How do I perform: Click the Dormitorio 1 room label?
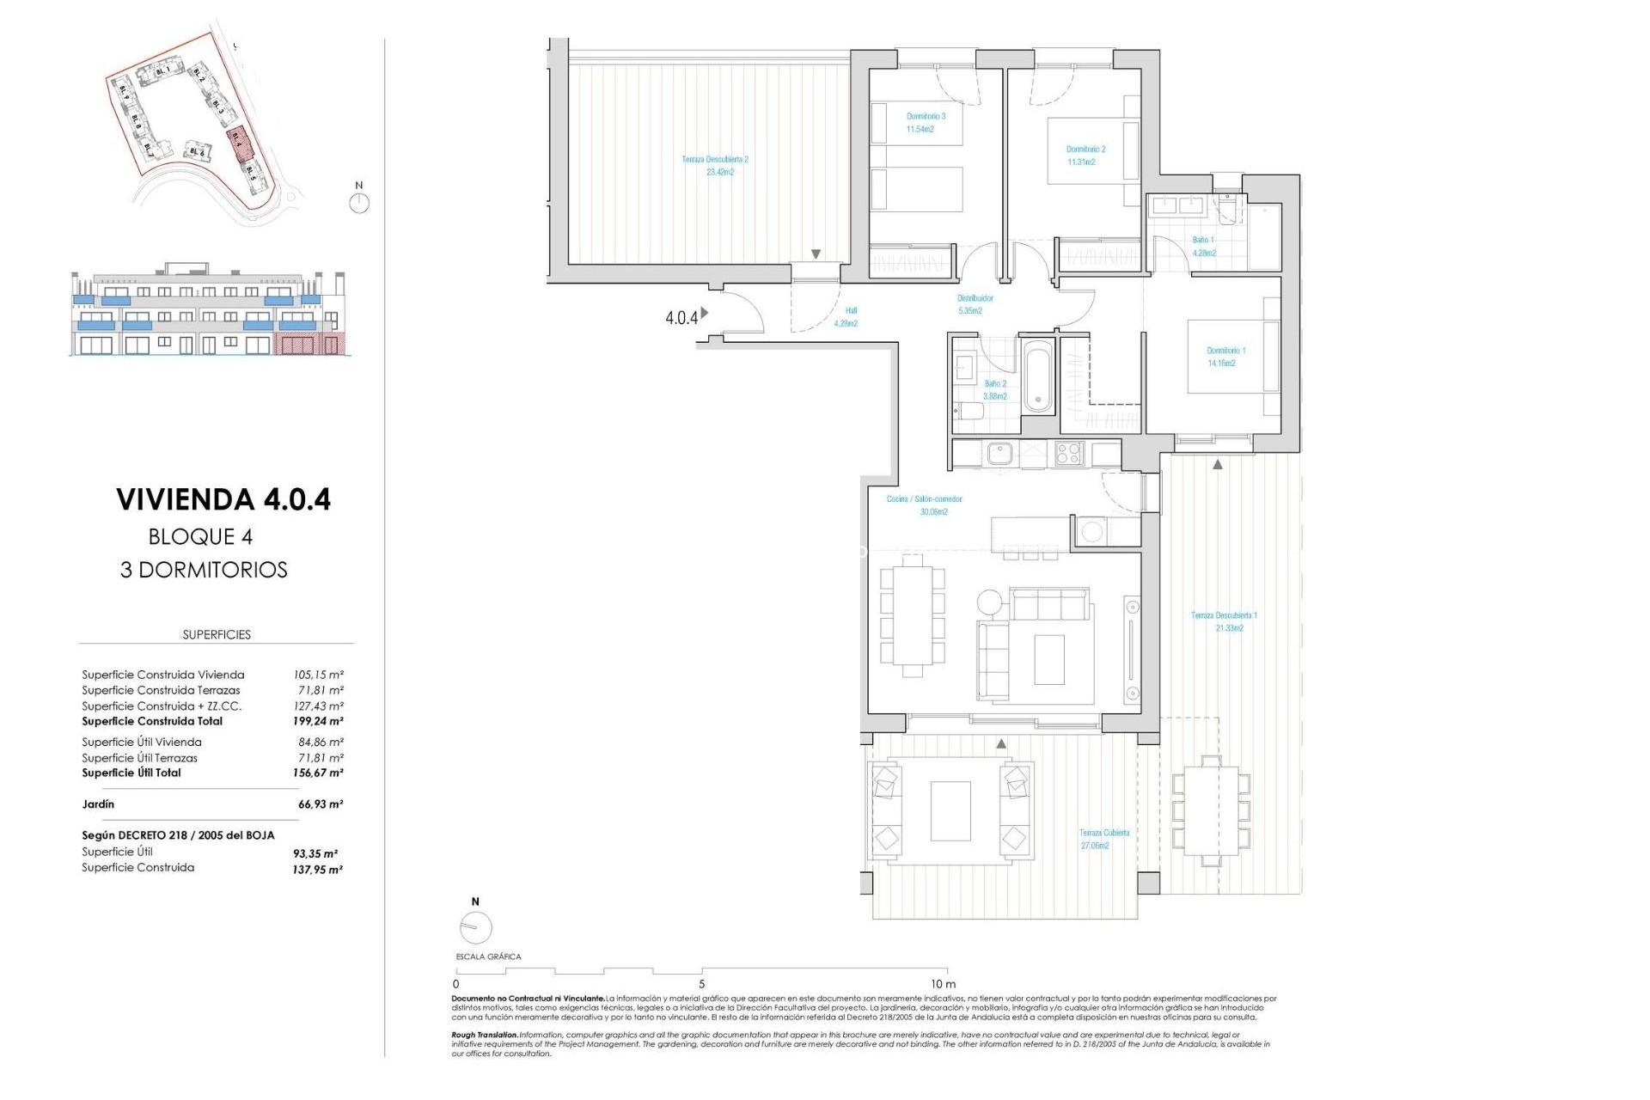click(x=1225, y=351)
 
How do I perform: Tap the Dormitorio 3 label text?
click(x=926, y=116)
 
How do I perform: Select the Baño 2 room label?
click(x=995, y=384)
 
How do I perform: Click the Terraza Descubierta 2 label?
click(x=715, y=160)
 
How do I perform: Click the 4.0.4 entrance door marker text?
click(x=681, y=318)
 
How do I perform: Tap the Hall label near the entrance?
click(x=850, y=311)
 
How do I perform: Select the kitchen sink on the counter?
click(x=1000, y=453)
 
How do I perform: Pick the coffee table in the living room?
click(x=1048, y=658)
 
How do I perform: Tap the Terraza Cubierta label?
click(x=1104, y=833)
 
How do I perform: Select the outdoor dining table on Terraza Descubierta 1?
click(x=1210, y=810)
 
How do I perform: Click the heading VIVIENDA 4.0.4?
click(x=223, y=499)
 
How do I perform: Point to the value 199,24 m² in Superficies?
click(x=318, y=721)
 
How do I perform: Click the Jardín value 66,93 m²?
click(x=320, y=804)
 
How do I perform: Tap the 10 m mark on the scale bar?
click(x=943, y=984)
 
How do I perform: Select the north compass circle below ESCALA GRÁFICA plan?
click(x=475, y=928)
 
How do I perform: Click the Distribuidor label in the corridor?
click(x=975, y=298)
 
